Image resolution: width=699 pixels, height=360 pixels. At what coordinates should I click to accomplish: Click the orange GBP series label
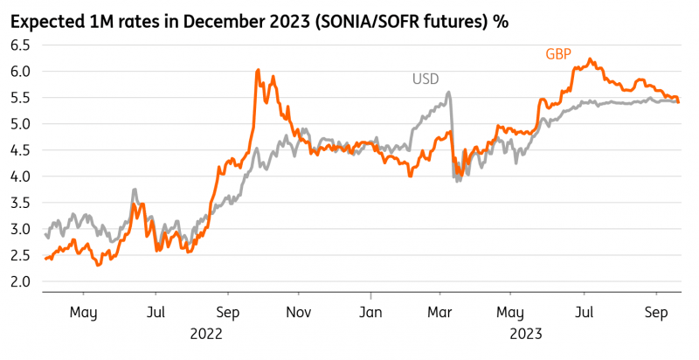pos(559,54)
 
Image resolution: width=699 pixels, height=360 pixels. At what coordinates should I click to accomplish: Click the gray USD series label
pos(426,79)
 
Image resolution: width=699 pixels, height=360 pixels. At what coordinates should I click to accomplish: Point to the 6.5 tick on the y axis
pos(21,45)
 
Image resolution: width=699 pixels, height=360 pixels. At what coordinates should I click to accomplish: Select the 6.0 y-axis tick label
pos(21,72)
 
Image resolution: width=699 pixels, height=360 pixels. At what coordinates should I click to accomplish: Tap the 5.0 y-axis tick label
pos(21,124)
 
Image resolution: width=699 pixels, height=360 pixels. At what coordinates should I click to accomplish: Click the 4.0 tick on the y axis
pos(21,177)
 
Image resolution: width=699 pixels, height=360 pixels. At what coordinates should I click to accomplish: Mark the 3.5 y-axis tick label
pos(21,203)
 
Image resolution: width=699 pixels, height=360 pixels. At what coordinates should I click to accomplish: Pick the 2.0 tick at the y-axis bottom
pos(21,281)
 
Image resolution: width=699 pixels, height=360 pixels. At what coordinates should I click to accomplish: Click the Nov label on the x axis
pos(299,311)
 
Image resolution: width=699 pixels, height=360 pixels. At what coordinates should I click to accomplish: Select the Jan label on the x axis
pos(371,311)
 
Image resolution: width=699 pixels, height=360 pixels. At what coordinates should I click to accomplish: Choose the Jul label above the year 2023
pos(585,311)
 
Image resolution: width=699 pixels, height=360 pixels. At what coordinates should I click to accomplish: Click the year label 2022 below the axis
pos(205,333)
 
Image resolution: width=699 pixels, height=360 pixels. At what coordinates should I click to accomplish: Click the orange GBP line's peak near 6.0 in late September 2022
pos(258,71)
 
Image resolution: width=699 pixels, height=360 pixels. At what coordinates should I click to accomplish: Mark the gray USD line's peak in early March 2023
pos(448,93)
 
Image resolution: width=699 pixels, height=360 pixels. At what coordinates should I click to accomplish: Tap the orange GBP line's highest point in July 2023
pos(591,59)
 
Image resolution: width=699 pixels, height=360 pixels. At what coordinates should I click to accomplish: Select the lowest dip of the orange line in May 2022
pos(98,265)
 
